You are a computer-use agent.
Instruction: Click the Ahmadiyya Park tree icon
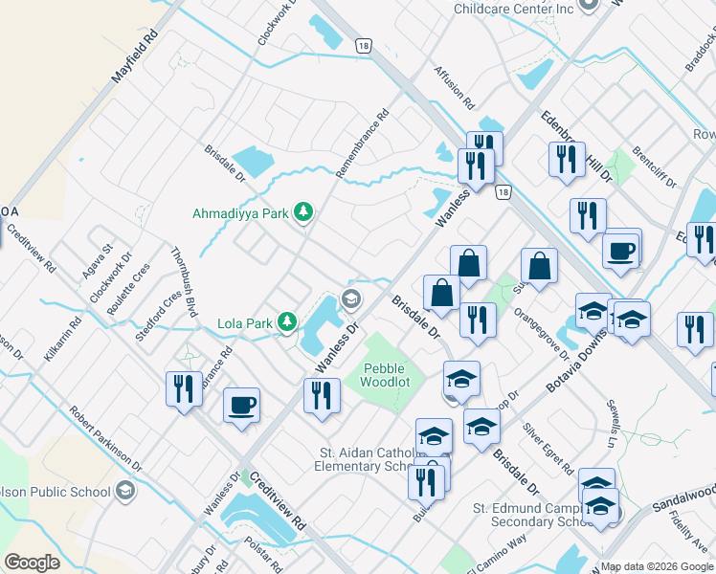click(303, 211)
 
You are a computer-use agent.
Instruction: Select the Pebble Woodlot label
click(384, 375)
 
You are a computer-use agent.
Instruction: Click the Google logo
click(32, 563)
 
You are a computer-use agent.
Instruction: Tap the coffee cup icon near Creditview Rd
click(241, 405)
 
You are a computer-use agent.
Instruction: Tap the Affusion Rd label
click(454, 85)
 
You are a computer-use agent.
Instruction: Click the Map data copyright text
click(658, 565)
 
